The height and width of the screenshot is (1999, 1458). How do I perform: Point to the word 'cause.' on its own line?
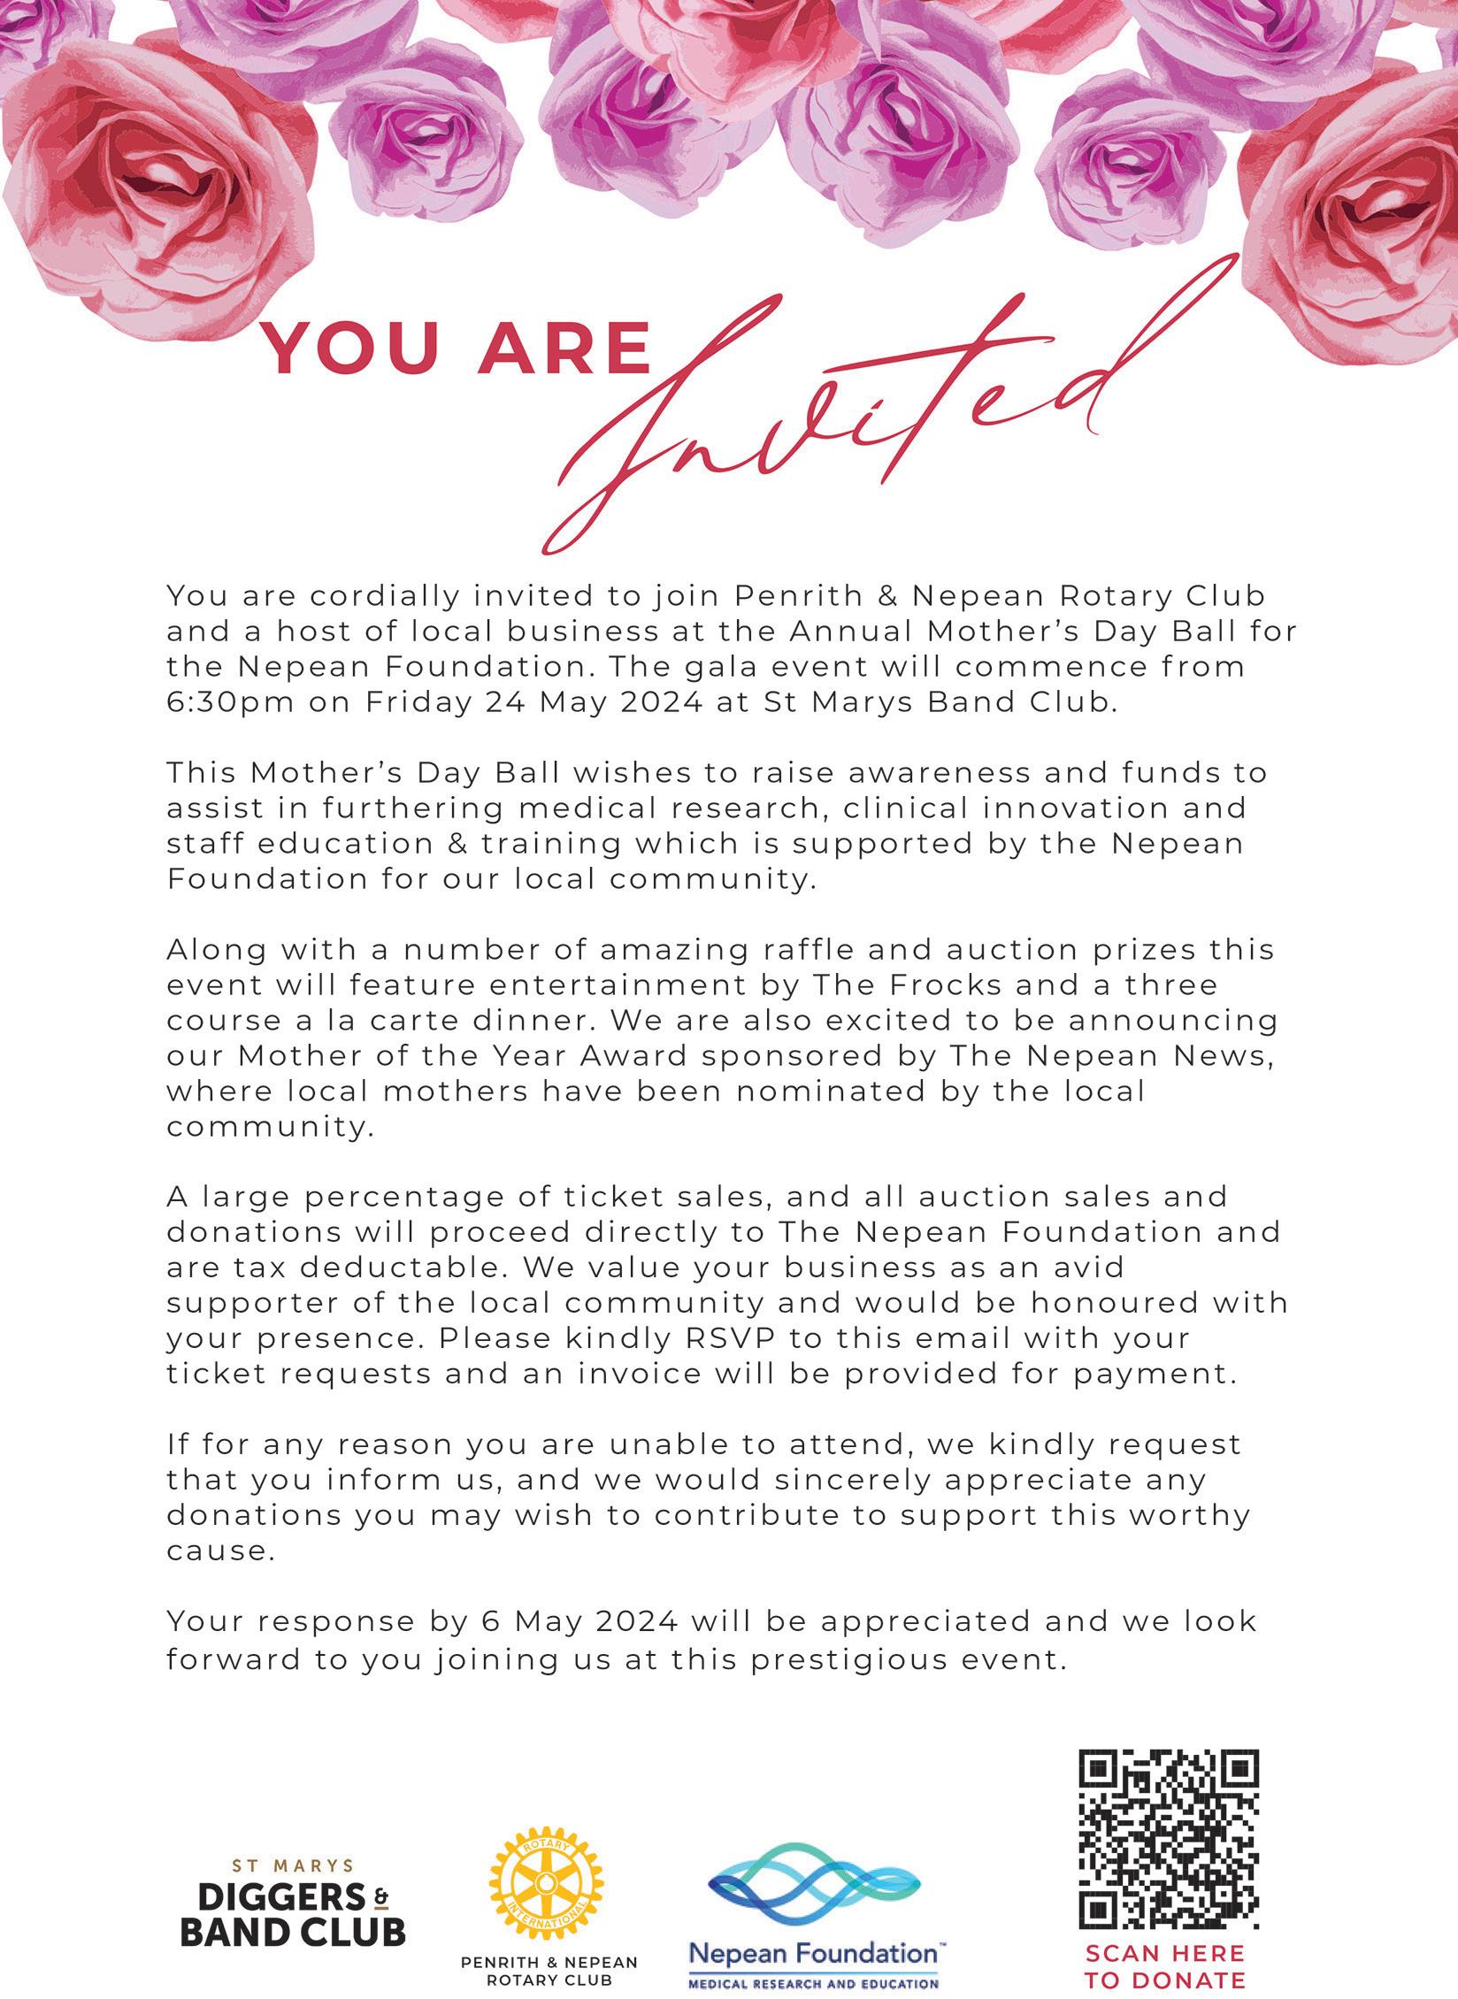click(x=217, y=1551)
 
